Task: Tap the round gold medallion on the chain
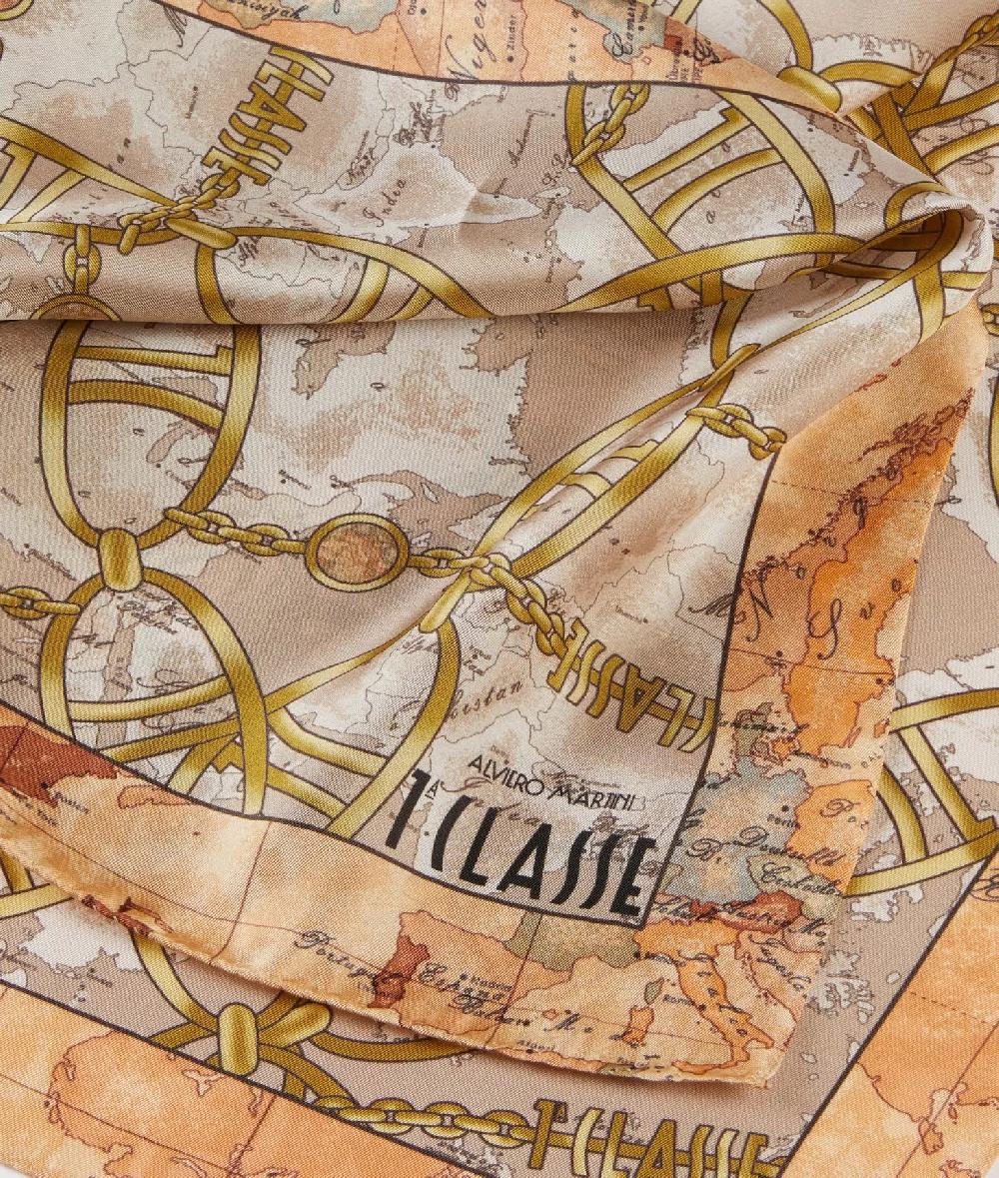(357, 552)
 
